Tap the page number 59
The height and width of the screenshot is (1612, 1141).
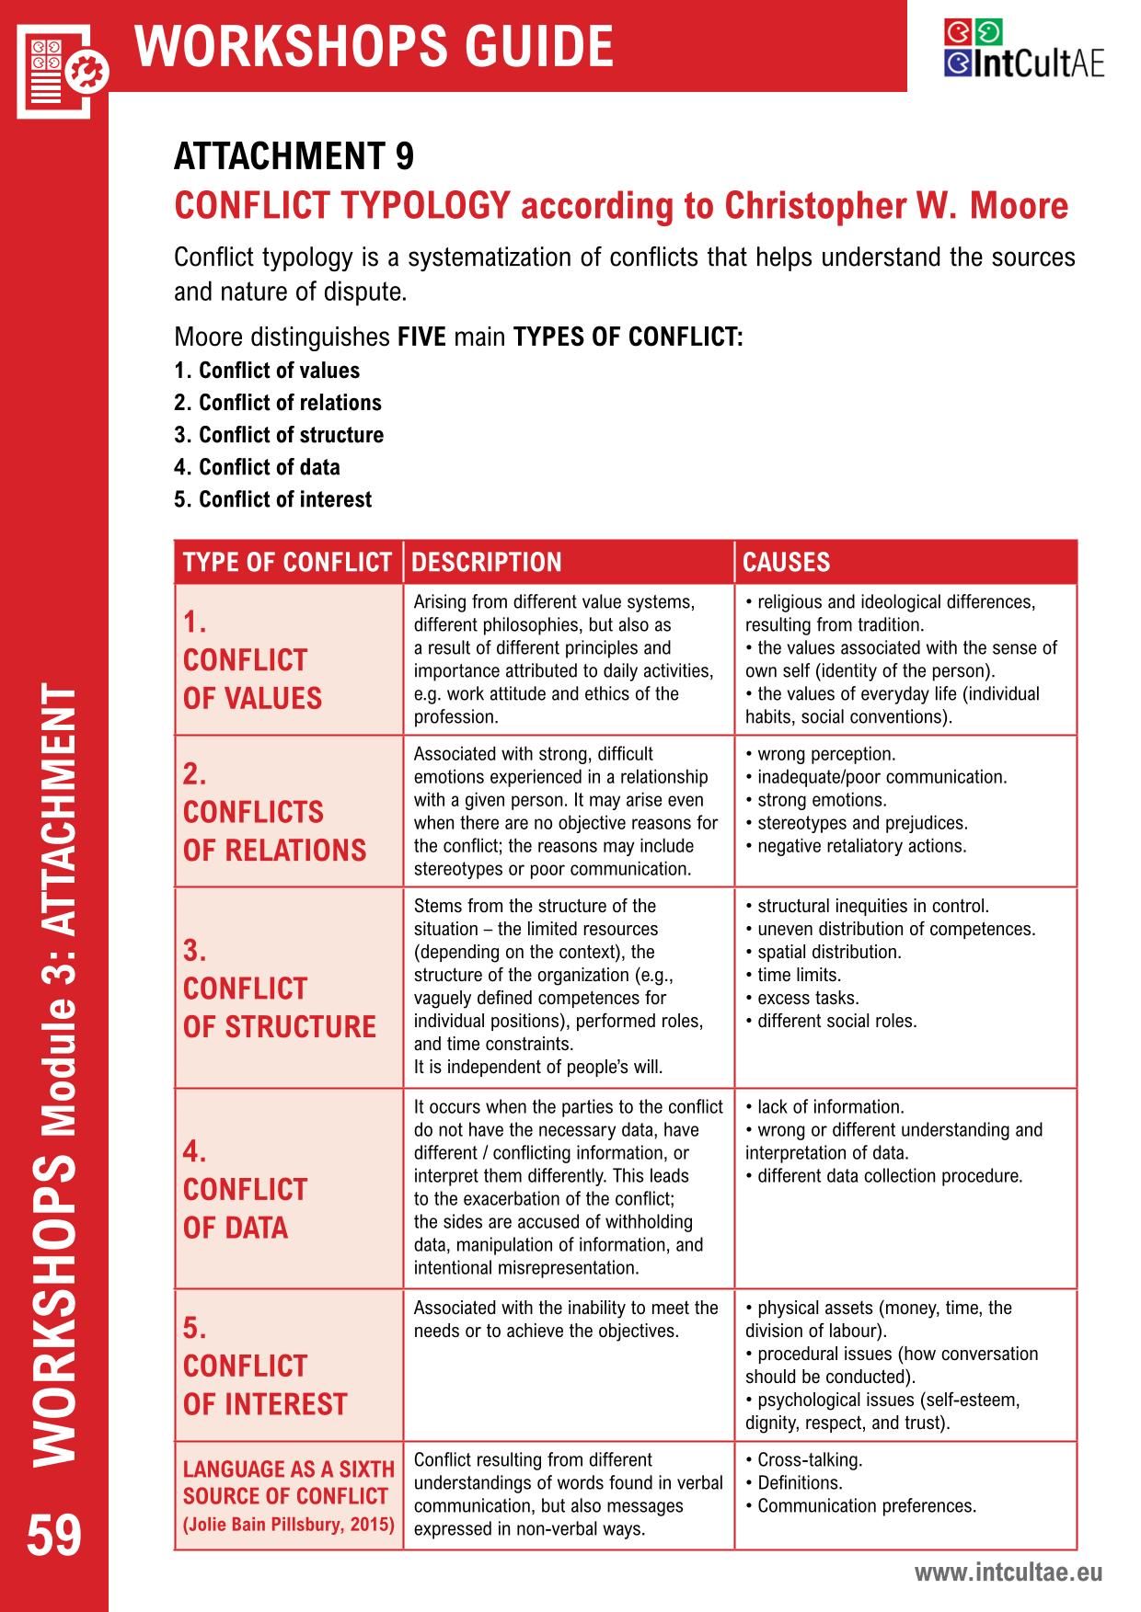[x=54, y=1536]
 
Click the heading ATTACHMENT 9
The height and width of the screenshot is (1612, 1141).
[x=294, y=156]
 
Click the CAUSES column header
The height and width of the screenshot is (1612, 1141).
[x=786, y=562]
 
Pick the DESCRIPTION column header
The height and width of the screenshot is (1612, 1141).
[x=486, y=562]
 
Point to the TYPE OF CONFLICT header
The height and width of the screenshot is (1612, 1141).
[x=287, y=562]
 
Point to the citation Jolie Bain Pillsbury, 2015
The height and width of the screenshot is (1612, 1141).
[x=289, y=1524]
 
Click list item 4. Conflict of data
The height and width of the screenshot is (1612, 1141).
[x=257, y=467]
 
